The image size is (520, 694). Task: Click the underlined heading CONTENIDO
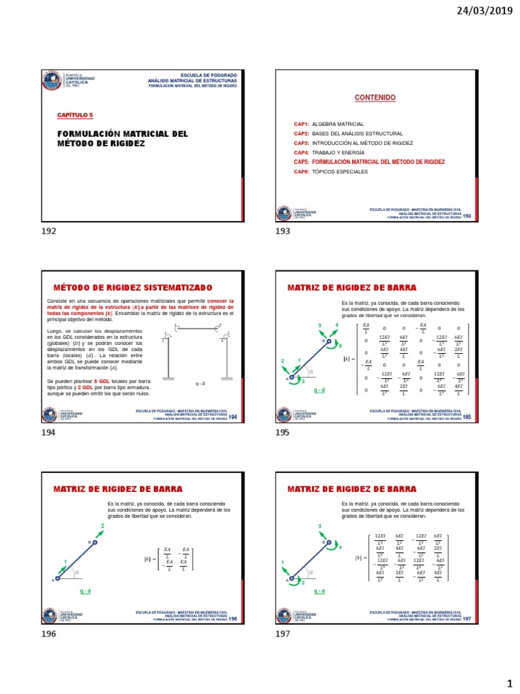(x=375, y=98)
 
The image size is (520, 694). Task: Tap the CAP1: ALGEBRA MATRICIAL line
(x=329, y=125)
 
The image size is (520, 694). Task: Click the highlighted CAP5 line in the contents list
(x=369, y=163)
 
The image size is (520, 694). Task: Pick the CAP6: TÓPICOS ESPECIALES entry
(x=331, y=172)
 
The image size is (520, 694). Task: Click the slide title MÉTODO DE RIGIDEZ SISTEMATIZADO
(x=133, y=288)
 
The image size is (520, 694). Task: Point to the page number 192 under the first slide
(x=49, y=232)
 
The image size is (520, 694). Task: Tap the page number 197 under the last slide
(x=283, y=634)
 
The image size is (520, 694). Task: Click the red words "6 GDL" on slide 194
(x=109, y=382)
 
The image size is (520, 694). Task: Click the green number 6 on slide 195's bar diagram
(x=340, y=346)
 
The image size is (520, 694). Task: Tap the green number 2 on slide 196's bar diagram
(x=103, y=526)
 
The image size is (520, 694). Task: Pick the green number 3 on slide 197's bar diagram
(x=319, y=527)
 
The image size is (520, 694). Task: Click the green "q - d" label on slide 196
(x=85, y=591)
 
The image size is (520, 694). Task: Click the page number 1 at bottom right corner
(x=510, y=684)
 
